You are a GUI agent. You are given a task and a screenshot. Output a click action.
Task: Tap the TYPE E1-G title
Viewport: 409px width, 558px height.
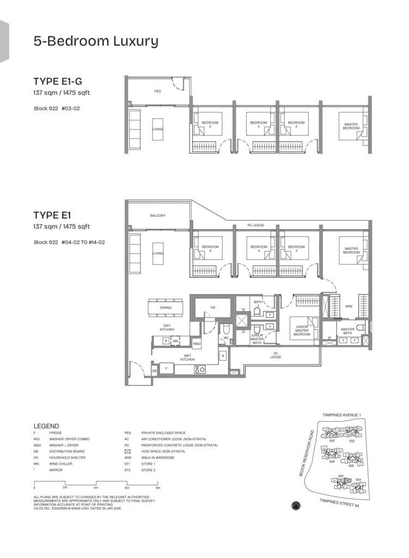(58, 82)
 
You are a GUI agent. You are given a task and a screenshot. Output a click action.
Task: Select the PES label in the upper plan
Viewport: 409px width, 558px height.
(157, 92)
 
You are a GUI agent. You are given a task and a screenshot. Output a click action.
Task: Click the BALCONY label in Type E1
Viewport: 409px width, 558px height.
(157, 216)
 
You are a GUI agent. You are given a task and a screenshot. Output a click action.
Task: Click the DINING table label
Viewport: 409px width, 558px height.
(166, 308)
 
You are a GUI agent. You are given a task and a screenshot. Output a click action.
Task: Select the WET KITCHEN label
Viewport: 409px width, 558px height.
(187, 358)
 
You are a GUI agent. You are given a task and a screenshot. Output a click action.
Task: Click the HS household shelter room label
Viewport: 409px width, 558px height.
(213, 308)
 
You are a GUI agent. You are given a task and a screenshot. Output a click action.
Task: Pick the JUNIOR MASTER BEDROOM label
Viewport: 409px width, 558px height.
(302, 330)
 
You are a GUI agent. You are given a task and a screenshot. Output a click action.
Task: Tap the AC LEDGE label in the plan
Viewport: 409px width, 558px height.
(276, 355)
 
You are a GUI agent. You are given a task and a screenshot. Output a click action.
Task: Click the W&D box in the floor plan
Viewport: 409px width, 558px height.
(197, 344)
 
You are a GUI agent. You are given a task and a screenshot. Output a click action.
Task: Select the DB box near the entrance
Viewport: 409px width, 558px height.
(154, 371)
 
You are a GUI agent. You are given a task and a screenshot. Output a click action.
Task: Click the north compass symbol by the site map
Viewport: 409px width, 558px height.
(296, 505)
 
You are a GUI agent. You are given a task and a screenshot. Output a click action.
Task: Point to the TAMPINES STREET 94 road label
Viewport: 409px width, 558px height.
(334, 502)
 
